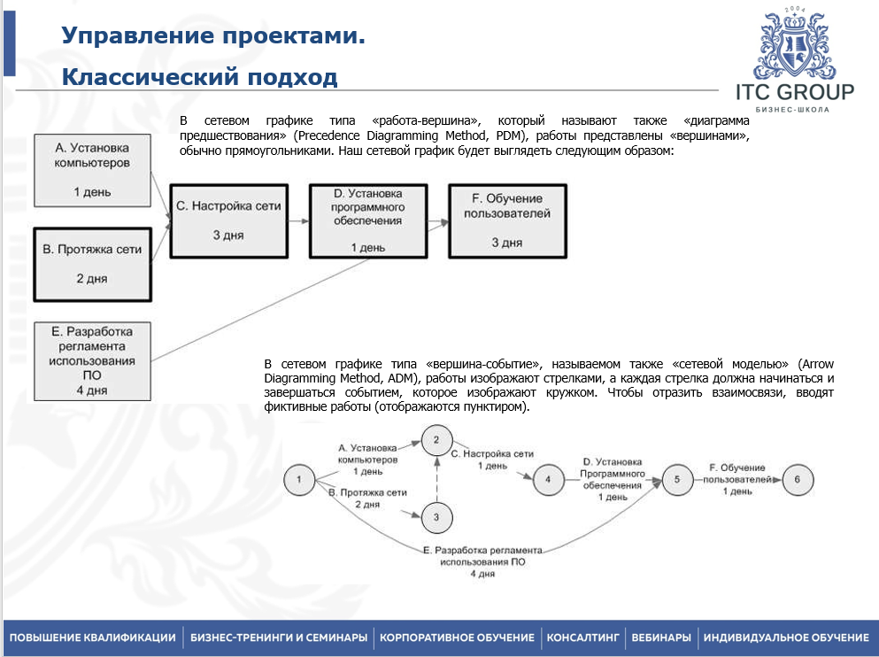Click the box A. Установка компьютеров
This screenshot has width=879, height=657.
(x=91, y=170)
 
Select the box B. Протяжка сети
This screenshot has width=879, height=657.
(x=92, y=263)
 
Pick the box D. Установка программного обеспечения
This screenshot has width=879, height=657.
(x=368, y=220)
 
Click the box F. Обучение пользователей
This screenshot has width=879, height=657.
(x=507, y=220)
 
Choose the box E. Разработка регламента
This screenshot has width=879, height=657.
(x=92, y=360)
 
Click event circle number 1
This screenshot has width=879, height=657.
(x=299, y=480)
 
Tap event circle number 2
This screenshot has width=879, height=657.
(x=436, y=439)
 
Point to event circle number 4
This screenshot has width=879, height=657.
(x=549, y=480)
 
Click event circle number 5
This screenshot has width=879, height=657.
(x=677, y=480)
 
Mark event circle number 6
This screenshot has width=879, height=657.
(x=798, y=480)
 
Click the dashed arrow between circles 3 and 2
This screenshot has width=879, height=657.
(x=436, y=478)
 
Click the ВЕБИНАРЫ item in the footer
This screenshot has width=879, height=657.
(x=661, y=638)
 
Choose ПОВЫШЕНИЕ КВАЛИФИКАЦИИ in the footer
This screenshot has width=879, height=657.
(x=93, y=638)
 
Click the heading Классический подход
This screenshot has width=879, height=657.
(x=199, y=78)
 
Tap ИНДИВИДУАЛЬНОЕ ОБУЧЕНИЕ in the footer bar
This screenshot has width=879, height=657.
(x=786, y=638)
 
